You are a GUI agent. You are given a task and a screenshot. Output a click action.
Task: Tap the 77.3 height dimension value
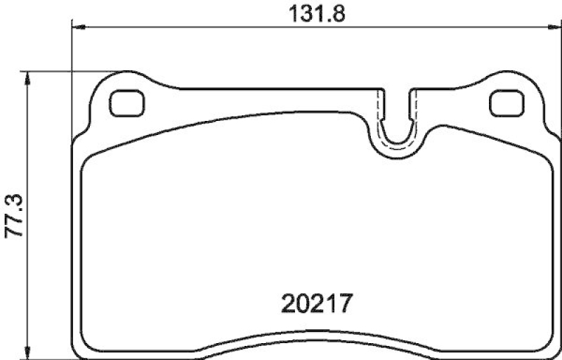(13, 216)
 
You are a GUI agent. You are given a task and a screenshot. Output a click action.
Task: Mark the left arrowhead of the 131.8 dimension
(78, 27)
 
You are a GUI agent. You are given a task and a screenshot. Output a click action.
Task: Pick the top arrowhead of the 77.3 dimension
(28, 76)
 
